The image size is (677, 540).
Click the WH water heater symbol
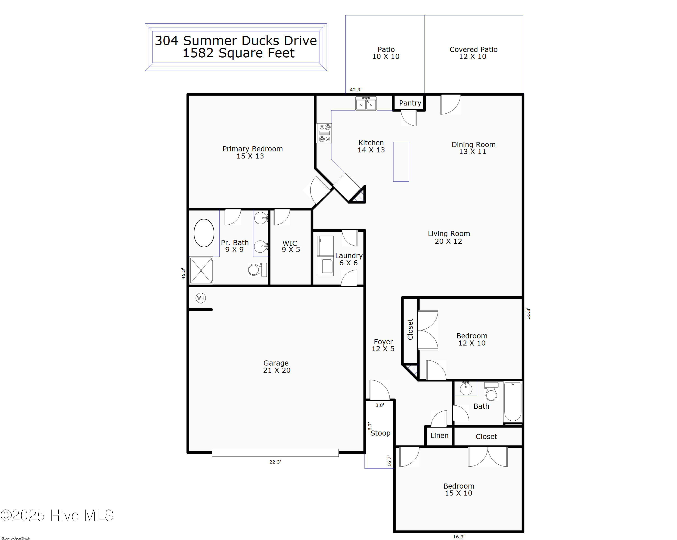(201, 298)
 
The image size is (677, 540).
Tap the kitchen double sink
(366, 104)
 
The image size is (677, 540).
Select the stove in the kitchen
(324, 133)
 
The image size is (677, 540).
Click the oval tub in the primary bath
(204, 233)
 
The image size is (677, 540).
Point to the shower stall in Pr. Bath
(201, 270)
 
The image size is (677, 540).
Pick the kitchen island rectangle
(401, 162)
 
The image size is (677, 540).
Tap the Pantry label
(410, 103)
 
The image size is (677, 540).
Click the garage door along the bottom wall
(275, 452)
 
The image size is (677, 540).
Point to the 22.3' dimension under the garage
(275, 462)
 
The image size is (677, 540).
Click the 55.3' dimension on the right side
(528, 313)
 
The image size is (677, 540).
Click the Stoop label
(380, 433)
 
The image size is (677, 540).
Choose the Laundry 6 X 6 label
(349, 259)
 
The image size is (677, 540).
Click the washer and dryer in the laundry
(325, 256)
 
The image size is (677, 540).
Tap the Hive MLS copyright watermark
(57, 515)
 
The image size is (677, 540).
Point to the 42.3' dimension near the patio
(355, 90)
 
